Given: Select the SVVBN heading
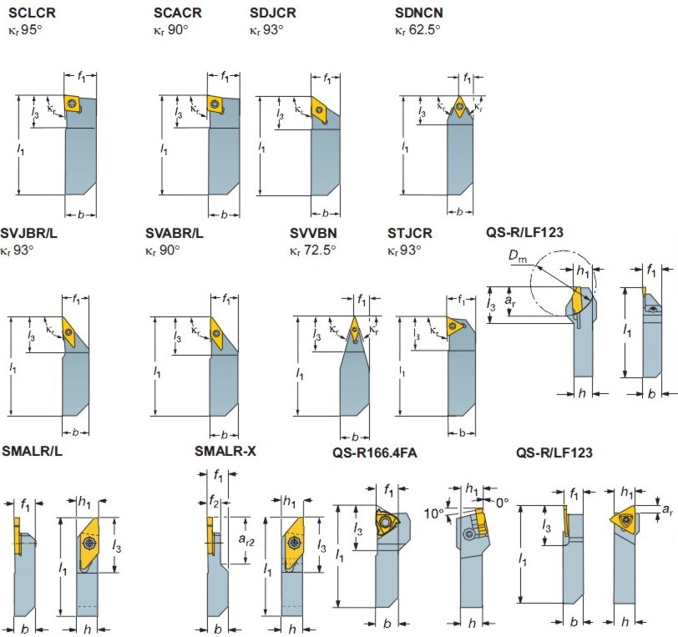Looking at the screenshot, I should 313,232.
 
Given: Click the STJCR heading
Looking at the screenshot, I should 410,232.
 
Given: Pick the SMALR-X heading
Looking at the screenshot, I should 225,452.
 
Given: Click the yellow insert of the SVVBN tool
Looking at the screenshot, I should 356,327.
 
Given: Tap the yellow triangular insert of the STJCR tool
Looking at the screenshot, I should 456,327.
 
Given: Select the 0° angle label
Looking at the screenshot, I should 502,503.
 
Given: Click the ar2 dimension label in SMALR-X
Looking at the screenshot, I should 246,540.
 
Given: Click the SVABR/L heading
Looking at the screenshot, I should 174,232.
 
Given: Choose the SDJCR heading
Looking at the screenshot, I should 274,13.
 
